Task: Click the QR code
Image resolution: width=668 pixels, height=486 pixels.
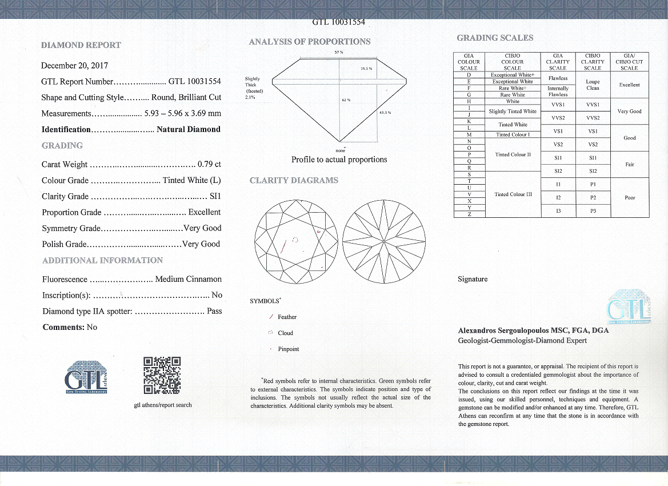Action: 162,375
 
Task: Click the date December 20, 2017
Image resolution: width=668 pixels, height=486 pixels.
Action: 75,66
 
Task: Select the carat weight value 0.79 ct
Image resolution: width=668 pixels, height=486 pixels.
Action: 209,164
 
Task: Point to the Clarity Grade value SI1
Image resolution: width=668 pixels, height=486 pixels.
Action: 215,196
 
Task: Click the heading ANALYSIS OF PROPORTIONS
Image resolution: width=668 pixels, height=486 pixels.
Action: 310,42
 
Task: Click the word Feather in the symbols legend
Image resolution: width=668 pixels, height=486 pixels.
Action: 287,317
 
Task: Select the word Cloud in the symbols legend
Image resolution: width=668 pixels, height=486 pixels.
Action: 285,333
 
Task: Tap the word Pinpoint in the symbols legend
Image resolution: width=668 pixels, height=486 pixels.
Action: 288,349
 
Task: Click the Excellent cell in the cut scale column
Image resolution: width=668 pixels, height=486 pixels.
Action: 629,85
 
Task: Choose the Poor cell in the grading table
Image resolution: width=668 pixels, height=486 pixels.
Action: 630,197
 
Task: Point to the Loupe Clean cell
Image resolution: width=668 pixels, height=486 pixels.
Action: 593,85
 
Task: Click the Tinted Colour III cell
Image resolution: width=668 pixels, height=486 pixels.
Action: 513,194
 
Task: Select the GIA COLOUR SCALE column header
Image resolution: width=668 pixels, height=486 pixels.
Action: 469,62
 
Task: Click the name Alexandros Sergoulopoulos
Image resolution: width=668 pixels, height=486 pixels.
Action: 503,330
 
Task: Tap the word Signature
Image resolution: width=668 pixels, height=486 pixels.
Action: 473,279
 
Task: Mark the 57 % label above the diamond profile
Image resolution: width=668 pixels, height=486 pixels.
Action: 339,53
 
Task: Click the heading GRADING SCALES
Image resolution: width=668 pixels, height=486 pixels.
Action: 495,38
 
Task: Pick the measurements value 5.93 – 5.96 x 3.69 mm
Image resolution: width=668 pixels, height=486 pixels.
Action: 183,113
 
